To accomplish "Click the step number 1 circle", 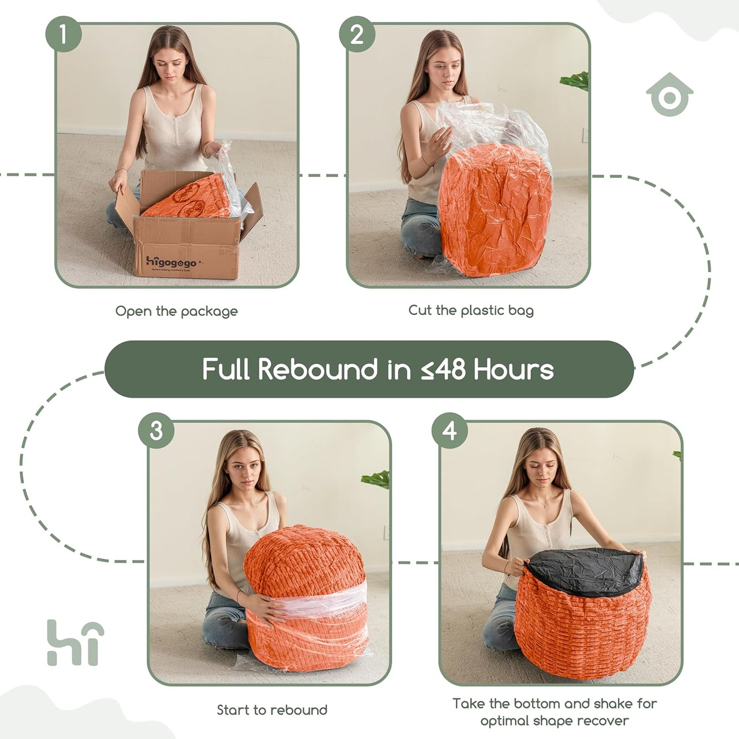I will pos(63,34).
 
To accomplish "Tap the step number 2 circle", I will pos(357,34).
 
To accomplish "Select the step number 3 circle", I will pos(156,431).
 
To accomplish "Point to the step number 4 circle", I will pos(450,431).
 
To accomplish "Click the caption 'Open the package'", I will pos(176,311).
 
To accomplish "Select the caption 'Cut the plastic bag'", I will pos(471,310).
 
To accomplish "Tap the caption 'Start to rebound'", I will pos(272,709).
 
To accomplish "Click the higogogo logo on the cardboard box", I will pos(171,262).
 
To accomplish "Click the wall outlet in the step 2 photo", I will pos(585,135).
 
